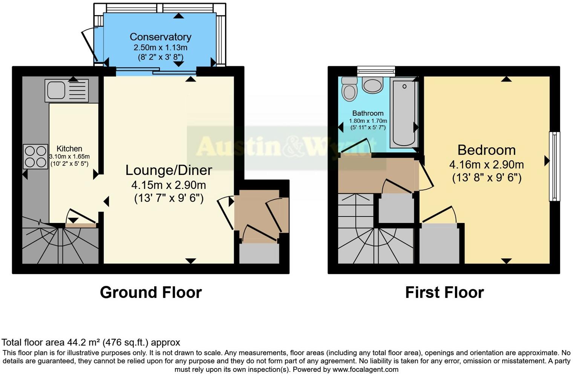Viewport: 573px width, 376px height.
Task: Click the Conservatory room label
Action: pos(160,37)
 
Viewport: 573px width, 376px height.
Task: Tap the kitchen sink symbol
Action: pos(66,90)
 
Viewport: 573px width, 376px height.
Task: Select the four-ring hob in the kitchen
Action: pos(35,156)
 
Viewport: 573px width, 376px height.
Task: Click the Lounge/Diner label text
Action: pos(169,170)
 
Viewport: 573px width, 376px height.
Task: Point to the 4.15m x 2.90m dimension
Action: pos(169,185)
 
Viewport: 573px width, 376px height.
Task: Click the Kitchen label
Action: pos(69,149)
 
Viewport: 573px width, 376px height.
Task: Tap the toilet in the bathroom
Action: pos(349,89)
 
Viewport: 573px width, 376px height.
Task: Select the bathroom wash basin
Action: pos(372,85)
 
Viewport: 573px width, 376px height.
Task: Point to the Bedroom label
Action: pos(486,150)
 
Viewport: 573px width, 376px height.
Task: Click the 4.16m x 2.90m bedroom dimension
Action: pos(486,165)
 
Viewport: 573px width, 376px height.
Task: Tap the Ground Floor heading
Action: pos(151,292)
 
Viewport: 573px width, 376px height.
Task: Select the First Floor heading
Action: pos(444,292)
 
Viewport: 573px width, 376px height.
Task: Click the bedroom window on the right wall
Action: pos(554,166)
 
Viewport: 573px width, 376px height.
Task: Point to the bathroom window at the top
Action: pos(376,71)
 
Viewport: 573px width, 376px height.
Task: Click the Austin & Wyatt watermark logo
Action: pos(286,147)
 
